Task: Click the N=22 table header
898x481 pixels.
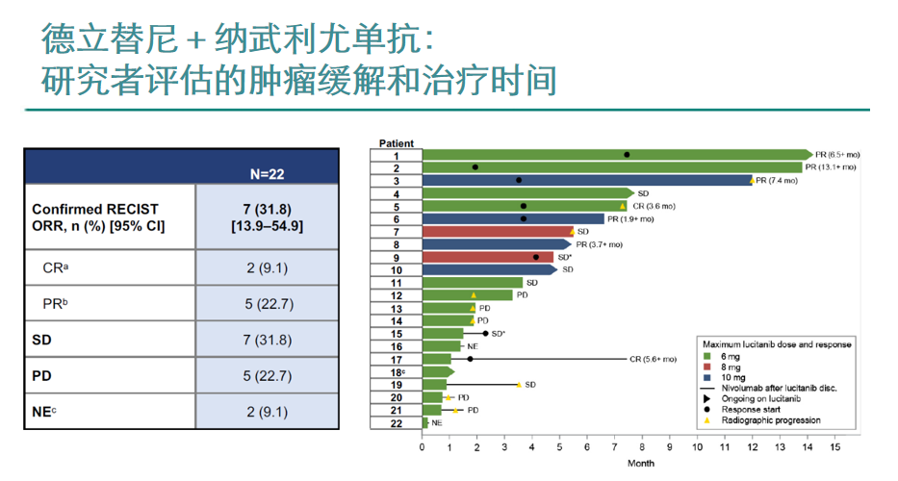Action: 267,174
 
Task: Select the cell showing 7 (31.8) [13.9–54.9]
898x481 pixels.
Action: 267,216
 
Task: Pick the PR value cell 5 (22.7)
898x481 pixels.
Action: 267,304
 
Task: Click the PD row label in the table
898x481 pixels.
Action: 42,375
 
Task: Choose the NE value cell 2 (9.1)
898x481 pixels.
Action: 267,412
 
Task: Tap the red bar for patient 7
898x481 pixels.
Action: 496,231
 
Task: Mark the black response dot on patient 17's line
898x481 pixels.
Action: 470,359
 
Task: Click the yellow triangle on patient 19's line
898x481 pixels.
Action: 519,385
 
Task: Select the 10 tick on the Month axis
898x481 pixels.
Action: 697,446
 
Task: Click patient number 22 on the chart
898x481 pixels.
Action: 396,422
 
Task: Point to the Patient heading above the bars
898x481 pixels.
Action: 396,143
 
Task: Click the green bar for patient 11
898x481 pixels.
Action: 472,283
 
